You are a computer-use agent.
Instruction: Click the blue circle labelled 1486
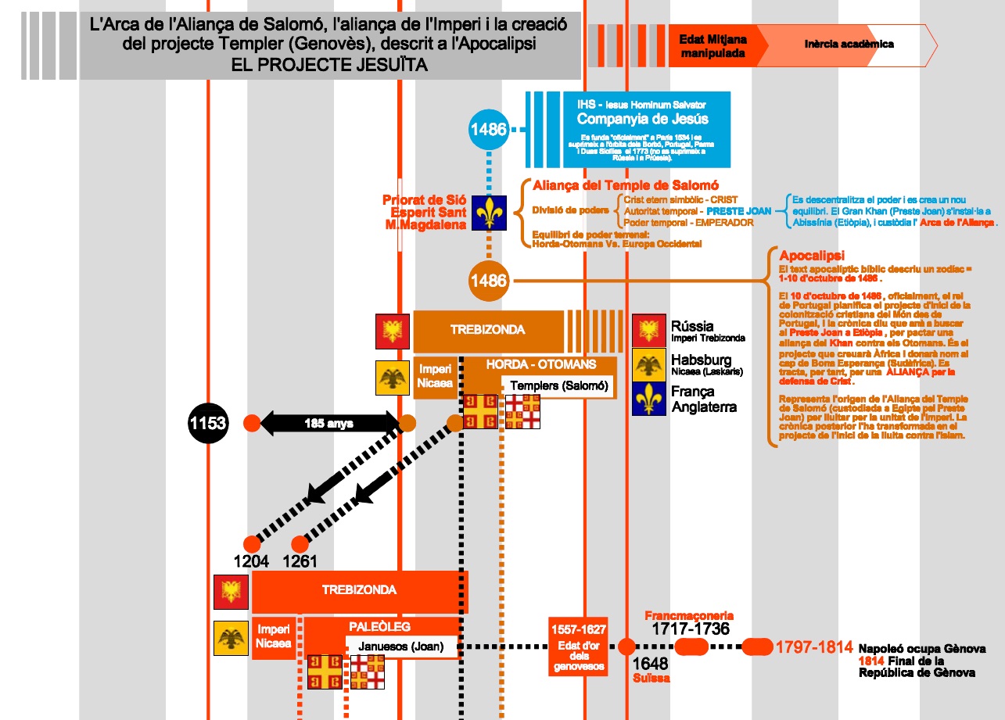point(489,129)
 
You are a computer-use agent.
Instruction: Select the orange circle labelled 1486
point(489,280)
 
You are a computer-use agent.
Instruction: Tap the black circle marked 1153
point(208,424)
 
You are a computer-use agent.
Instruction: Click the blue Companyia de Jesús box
point(647,129)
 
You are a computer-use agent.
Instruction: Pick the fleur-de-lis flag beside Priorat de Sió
point(490,213)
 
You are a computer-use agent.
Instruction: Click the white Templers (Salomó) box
point(558,385)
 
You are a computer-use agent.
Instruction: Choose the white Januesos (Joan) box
point(401,646)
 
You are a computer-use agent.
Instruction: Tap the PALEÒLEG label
point(379,627)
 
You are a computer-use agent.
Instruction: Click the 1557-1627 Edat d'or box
point(578,647)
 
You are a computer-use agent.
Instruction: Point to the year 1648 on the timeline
point(649,664)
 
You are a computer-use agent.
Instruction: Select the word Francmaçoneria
point(689,616)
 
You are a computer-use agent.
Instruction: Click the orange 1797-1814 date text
point(813,647)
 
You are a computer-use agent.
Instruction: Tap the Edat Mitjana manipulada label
point(712,46)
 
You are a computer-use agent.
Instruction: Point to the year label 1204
point(251,561)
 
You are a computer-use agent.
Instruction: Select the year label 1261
point(300,561)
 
